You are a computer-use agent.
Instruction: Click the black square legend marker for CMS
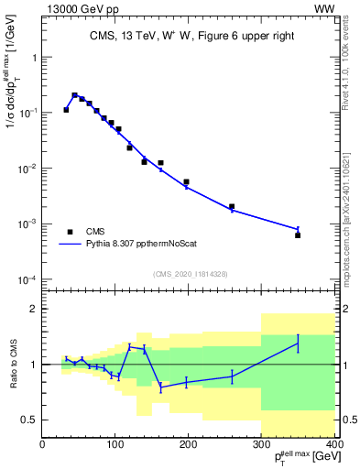(x=68, y=233)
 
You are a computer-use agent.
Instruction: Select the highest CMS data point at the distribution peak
(x=74, y=94)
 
